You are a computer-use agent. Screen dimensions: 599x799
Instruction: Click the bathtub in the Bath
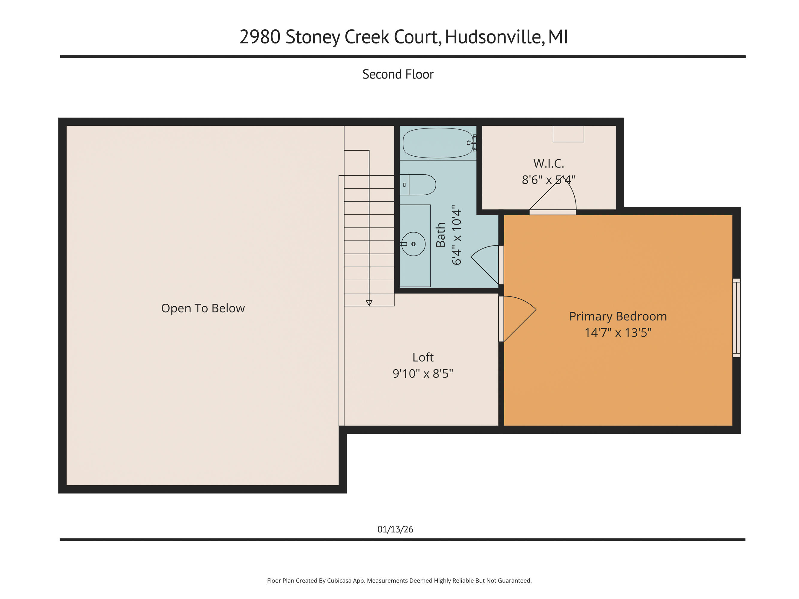(x=438, y=143)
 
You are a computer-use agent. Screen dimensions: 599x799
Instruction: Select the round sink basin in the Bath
(x=413, y=244)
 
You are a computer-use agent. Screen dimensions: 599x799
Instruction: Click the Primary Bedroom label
(x=618, y=316)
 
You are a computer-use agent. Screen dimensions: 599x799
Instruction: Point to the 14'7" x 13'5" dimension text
(x=618, y=332)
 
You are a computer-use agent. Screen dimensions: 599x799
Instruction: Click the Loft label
(x=423, y=357)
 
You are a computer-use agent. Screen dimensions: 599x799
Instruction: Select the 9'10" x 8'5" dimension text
(x=423, y=373)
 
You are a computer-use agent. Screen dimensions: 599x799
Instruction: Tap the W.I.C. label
(x=548, y=164)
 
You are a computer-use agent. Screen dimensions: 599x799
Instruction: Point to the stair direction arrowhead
(x=369, y=303)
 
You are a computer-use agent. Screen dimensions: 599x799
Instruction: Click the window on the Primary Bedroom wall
(x=736, y=318)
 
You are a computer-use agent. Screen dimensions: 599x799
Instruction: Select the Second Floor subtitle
(x=398, y=74)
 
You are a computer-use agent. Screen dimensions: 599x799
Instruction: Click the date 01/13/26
(x=395, y=529)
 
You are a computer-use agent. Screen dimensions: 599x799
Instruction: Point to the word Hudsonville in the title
(x=493, y=37)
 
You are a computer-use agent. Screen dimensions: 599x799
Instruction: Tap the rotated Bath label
(x=440, y=235)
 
